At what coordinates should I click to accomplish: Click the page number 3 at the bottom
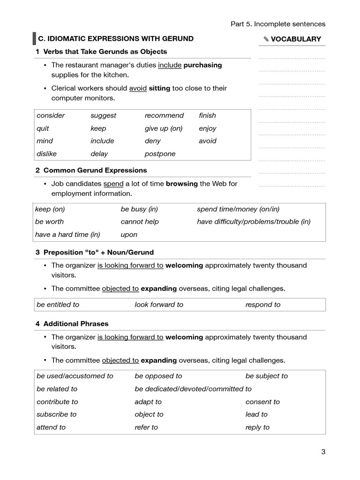[323, 452]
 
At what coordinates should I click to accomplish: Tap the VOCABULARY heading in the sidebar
[296, 39]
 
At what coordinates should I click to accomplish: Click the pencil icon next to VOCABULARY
[266, 39]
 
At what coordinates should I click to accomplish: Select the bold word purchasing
[202, 65]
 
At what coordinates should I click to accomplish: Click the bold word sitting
[159, 88]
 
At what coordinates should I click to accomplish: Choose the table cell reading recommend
[164, 115]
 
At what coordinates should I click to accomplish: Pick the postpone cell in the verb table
[160, 154]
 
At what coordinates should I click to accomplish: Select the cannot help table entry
[140, 222]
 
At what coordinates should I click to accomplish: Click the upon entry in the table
[129, 234]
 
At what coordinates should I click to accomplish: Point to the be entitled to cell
[58, 305]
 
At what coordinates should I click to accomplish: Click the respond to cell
[263, 305]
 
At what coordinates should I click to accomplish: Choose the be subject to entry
[267, 376]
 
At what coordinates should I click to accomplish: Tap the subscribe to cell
[56, 414]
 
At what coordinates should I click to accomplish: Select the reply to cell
[257, 427]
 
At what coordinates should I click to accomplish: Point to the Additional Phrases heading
[75, 324]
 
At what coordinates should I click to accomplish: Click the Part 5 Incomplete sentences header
[277, 24]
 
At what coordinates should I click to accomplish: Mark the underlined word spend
[113, 184]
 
